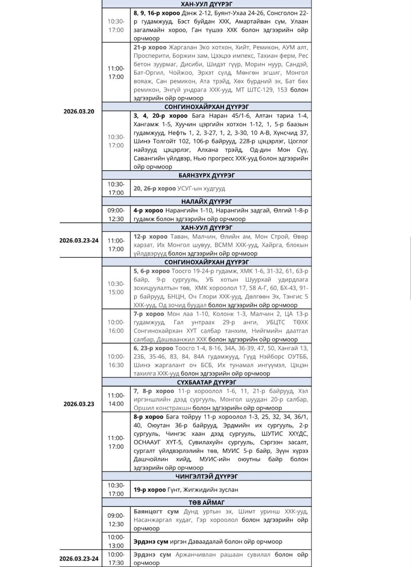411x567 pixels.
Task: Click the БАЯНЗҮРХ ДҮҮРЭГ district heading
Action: point(207,175)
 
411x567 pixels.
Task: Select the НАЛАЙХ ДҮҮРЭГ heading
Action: point(207,201)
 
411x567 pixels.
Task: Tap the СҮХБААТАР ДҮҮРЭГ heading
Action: point(207,382)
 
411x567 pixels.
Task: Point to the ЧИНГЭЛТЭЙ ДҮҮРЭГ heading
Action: point(207,476)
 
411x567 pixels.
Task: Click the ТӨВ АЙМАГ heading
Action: point(207,502)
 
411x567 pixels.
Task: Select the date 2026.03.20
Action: point(79,112)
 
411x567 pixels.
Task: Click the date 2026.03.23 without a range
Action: point(79,404)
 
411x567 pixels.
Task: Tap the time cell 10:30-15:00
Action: point(116,288)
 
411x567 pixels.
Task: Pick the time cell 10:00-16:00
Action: point(116,326)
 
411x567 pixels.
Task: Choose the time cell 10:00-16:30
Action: point(116,361)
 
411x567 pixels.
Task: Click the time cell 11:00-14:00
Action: point(116,400)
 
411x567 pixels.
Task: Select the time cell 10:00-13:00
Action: point(116,541)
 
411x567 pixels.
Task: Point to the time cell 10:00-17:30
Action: point(116,559)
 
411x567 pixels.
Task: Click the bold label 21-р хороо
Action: point(150,47)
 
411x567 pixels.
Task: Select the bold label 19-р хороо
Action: point(150,490)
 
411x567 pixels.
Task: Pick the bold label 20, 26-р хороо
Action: point(155,189)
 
